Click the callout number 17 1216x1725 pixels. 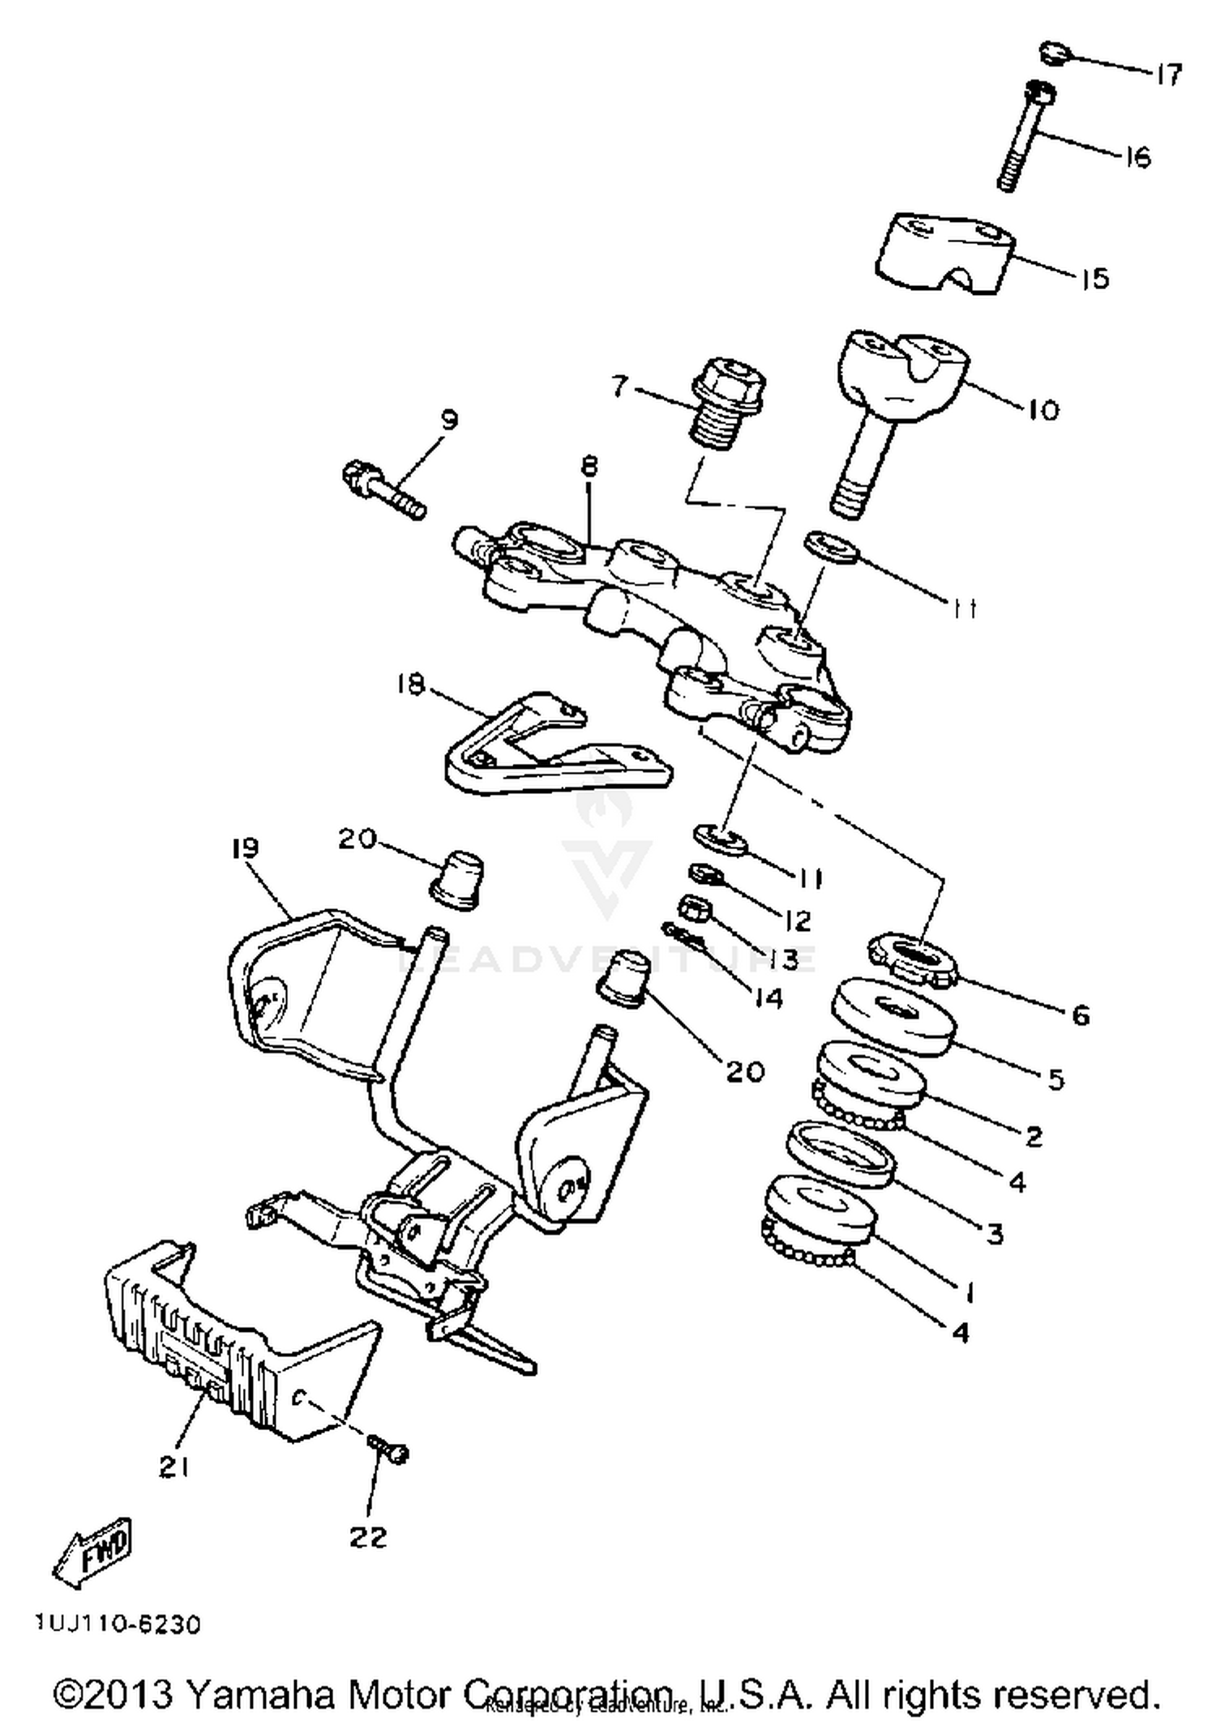coord(1168,75)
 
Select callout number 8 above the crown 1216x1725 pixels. coord(589,468)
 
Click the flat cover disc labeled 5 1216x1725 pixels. coord(893,1018)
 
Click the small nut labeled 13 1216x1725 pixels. coord(694,907)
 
